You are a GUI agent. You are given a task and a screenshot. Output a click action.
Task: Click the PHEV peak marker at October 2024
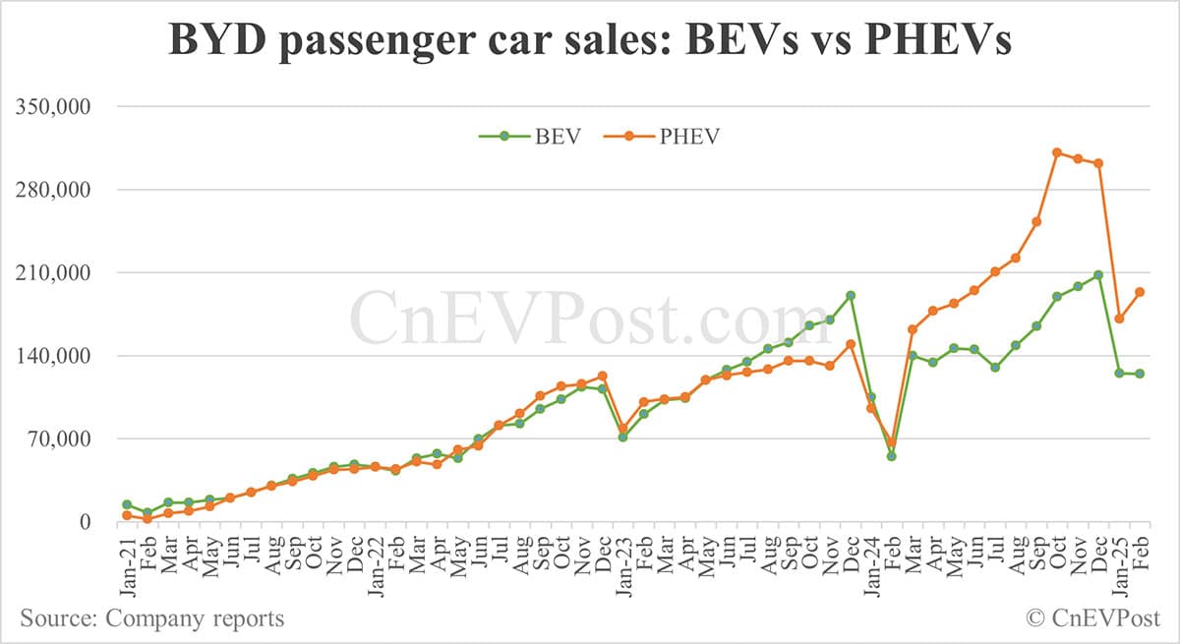point(1057,152)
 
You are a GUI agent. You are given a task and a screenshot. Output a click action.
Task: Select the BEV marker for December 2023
point(851,295)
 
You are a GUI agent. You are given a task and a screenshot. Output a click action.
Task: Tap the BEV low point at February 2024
point(892,456)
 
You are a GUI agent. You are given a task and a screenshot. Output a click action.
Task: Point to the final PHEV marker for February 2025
point(1140,292)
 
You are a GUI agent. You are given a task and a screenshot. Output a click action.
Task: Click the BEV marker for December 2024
point(1098,275)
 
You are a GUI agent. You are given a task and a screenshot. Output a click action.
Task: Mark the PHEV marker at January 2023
point(622,429)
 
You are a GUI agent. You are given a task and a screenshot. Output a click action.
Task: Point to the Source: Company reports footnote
point(152,618)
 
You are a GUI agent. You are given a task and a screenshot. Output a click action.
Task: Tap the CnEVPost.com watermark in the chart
point(590,315)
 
